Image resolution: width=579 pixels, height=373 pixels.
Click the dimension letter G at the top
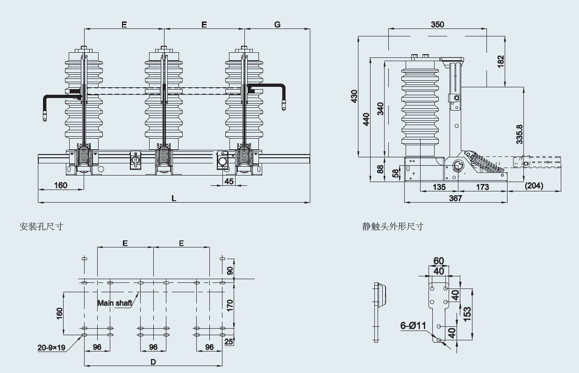(277, 24)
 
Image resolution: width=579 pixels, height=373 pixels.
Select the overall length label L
(174, 198)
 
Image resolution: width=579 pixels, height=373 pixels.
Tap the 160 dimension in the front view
(61, 185)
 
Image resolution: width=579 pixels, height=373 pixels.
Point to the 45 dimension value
(229, 181)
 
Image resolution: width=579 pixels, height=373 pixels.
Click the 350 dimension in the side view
(437, 24)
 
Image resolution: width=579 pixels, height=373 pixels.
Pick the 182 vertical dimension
(500, 61)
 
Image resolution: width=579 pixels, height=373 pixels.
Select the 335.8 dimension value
(520, 134)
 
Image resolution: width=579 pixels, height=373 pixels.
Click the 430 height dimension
(354, 96)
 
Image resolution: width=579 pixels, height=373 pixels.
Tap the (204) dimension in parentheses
(534, 186)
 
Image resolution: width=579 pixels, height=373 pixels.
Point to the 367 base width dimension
(455, 198)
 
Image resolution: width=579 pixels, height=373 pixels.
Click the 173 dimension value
(482, 187)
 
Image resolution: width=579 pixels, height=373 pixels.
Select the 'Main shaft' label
(114, 303)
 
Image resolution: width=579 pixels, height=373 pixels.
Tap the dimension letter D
(153, 362)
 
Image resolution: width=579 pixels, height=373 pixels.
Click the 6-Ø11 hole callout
(413, 326)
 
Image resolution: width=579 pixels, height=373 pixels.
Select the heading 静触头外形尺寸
(393, 226)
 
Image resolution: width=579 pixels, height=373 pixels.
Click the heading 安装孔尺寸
(41, 226)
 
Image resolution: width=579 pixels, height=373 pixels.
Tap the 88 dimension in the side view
(380, 169)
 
